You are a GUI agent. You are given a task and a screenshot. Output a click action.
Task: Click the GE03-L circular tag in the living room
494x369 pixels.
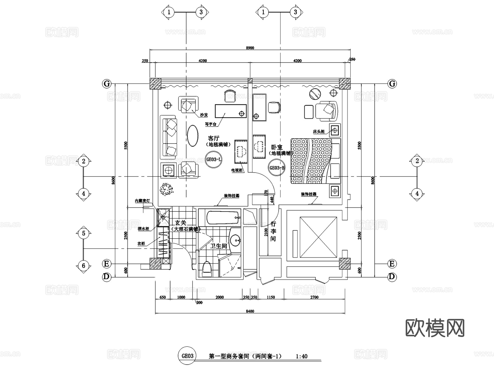pos(214,159)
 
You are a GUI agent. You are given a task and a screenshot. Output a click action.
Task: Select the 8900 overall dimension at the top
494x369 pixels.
pos(250,48)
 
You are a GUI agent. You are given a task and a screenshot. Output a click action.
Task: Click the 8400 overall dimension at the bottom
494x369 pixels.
pos(250,311)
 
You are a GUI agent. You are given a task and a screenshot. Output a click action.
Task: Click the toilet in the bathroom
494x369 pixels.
pos(207,268)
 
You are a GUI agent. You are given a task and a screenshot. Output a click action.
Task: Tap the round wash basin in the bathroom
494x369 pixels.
pos(235,241)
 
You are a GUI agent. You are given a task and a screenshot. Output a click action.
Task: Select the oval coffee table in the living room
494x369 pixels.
pos(193,136)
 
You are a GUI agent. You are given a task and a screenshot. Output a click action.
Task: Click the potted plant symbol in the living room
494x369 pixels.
pos(166,189)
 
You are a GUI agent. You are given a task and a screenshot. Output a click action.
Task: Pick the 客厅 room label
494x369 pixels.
pos(214,138)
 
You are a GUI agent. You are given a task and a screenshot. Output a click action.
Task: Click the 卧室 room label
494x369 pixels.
pos(277,147)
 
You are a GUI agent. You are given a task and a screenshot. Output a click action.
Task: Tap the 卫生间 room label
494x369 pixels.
pos(218,246)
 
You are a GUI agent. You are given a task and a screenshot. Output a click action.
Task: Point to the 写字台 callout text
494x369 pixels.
pos(210,124)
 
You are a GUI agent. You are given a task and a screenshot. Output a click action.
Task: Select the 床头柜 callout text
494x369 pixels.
pos(319,131)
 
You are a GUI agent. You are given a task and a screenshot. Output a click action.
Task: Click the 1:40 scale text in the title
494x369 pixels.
pos(302,356)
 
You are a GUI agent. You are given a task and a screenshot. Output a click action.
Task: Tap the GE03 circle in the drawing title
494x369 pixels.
pos(187,356)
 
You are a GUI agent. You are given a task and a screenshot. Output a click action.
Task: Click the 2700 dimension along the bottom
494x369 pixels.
pos(314,297)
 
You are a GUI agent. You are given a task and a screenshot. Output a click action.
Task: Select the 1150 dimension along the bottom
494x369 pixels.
pos(271,297)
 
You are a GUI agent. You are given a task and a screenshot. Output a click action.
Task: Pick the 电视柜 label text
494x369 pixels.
pos(237,170)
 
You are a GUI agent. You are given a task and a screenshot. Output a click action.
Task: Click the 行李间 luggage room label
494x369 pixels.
pos(273,231)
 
